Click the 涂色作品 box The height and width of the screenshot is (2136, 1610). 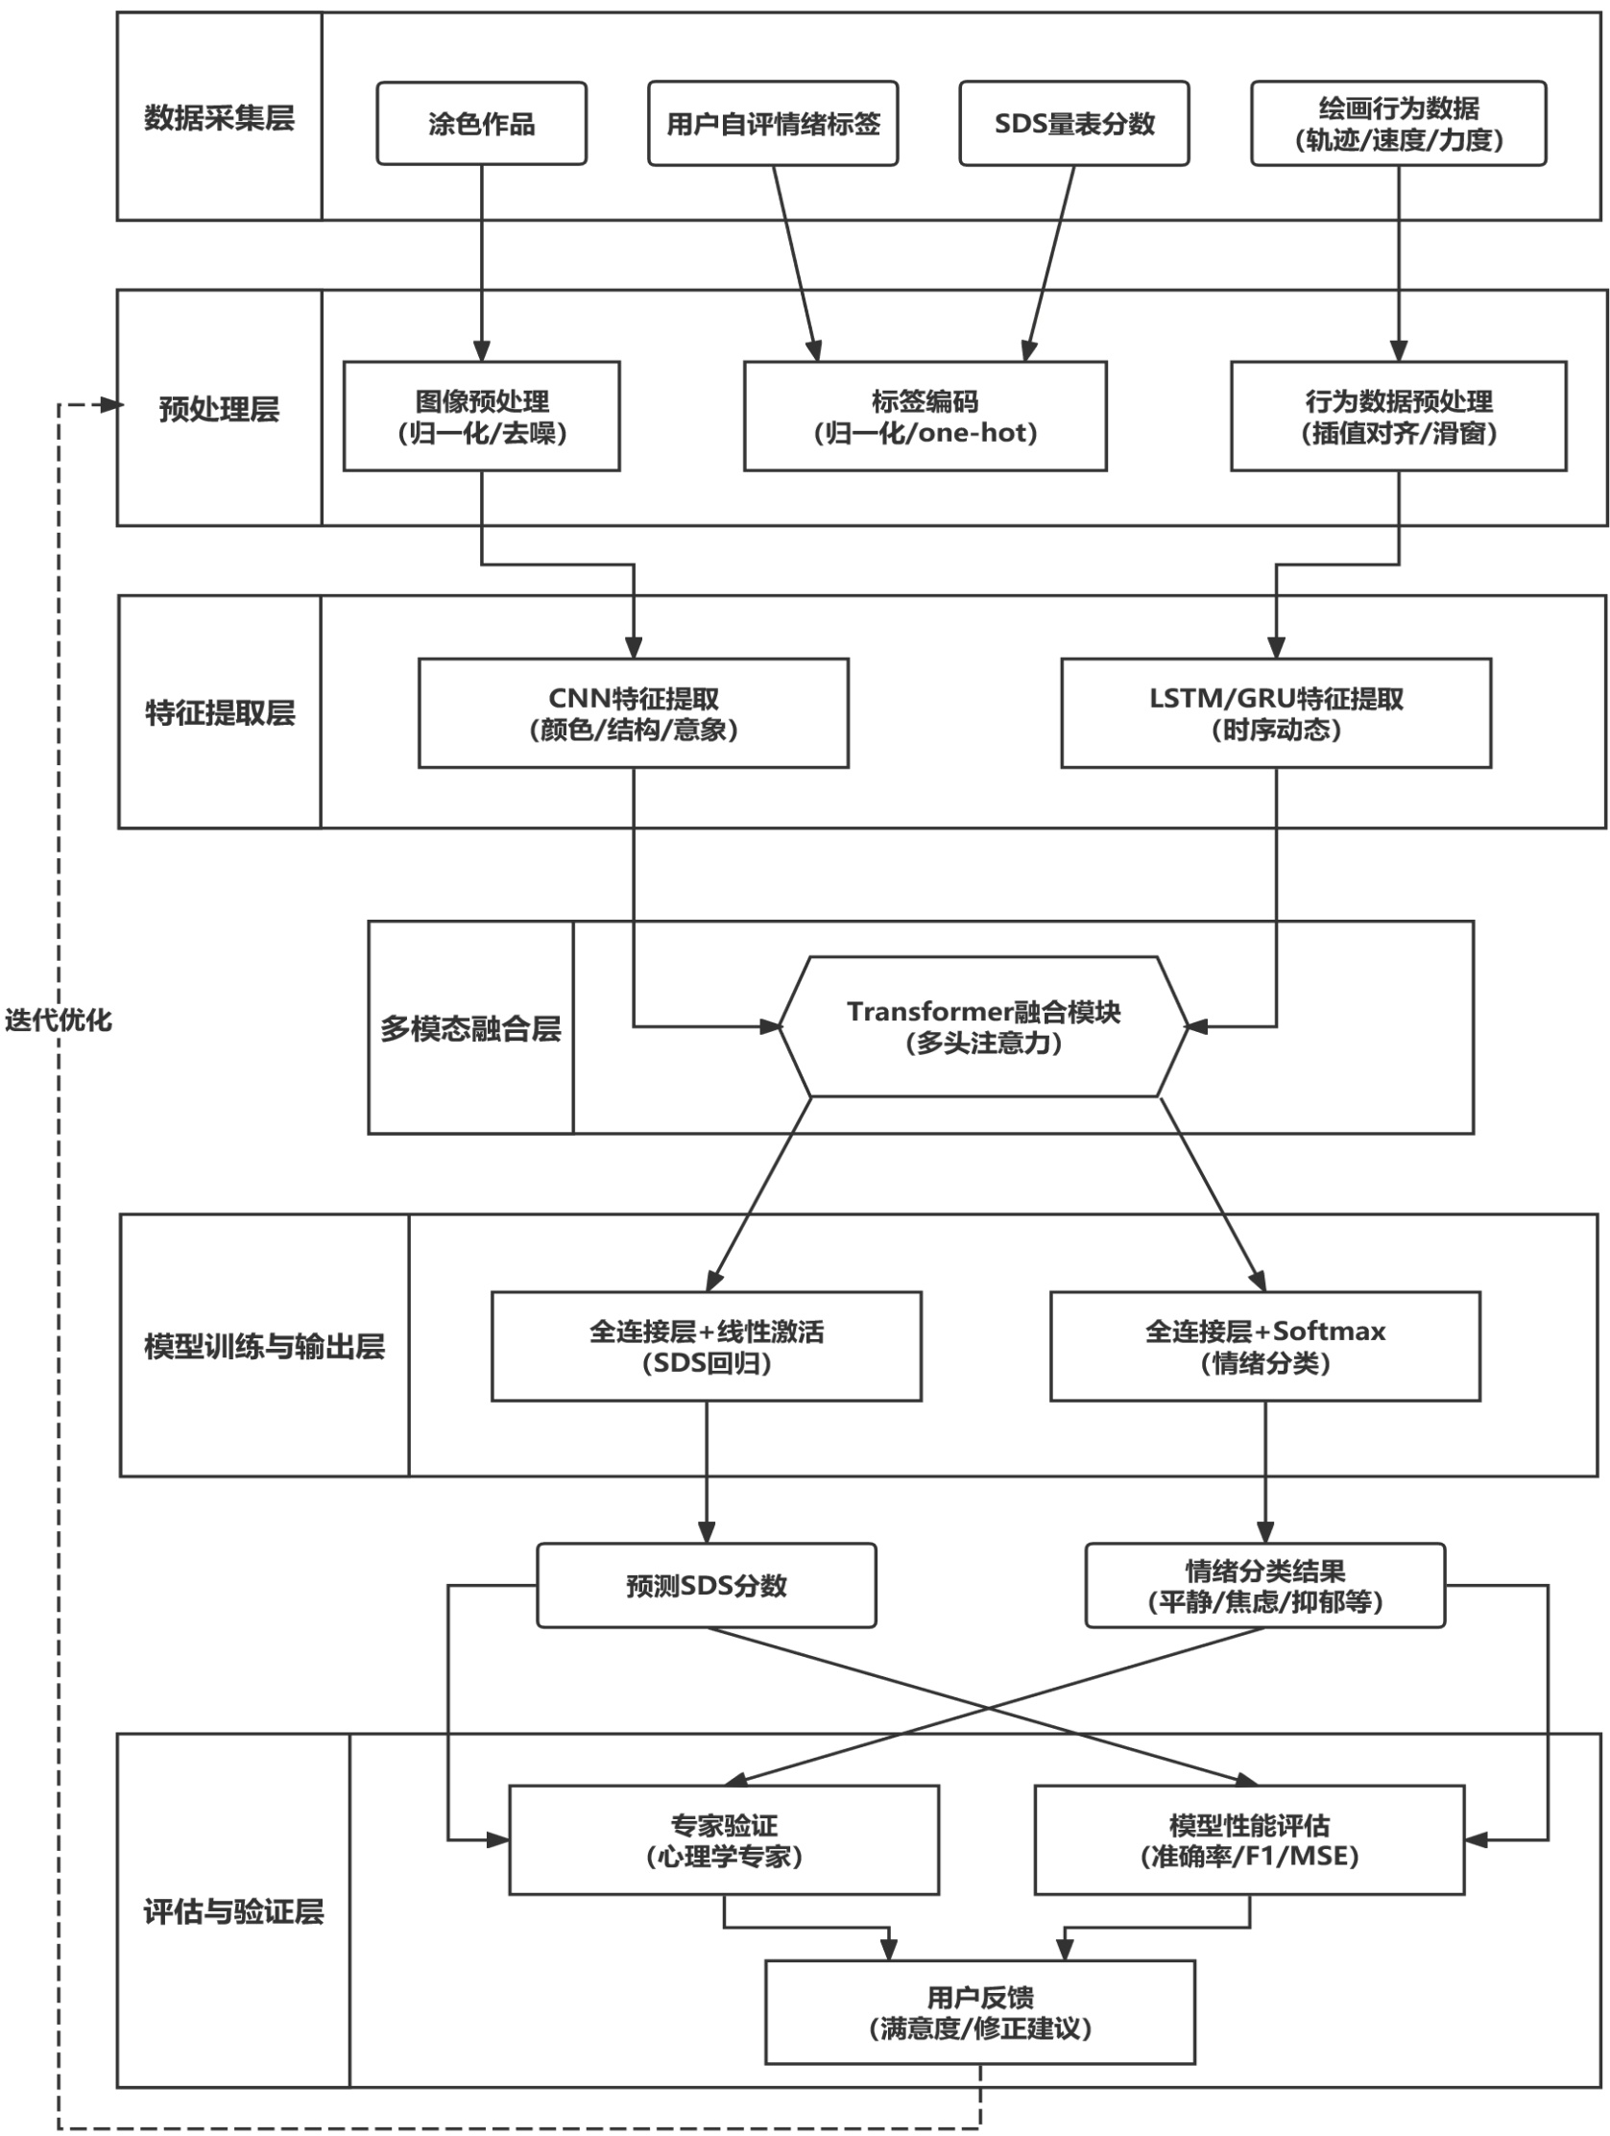(x=481, y=124)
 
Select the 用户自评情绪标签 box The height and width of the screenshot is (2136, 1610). (x=773, y=124)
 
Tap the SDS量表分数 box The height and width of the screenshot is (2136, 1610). (x=1074, y=124)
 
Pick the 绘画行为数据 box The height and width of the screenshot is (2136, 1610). (x=1399, y=124)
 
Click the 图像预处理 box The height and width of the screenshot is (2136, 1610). (x=481, y=417)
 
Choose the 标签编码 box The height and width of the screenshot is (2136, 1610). (x=925, y=417)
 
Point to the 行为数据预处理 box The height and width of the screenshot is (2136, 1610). (x=1399, y=417)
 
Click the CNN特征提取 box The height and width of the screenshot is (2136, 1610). (x=634, y=713)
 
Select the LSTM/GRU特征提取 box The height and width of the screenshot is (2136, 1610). (x=1276, y=713)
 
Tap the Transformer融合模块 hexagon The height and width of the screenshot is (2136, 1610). (x=983, y=1026)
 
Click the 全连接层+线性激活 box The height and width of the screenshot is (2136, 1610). (x=706, y=1346)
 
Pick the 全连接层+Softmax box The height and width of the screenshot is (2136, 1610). (x=1265, y=1346)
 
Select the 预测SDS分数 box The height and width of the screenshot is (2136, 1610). (x=706, y=1586)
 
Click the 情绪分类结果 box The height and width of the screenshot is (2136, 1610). (x=1265, y=1586)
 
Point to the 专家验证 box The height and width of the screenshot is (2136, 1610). (x=723, y=1839)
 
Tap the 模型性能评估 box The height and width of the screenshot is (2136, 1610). (x=1249, y=1839)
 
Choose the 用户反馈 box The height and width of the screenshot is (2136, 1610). (x=980, y=2012)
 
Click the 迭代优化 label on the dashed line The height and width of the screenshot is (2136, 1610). (x=58, y=1020)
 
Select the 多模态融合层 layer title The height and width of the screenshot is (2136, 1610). (x=470, y=1028)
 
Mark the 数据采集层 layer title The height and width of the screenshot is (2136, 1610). (x=219, y=118)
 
